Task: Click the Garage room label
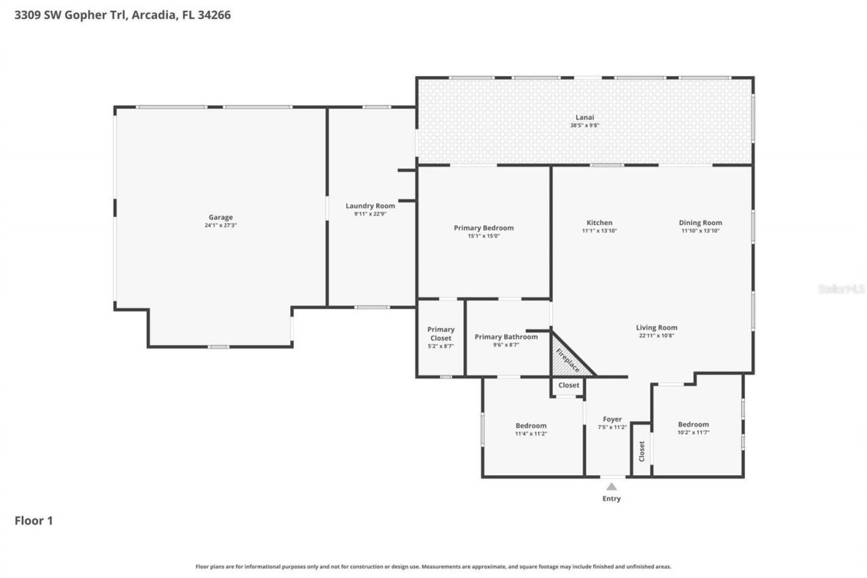(220, 218)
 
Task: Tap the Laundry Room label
(370, 206)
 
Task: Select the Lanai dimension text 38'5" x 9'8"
(584, 125)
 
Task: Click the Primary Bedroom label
(484, 228)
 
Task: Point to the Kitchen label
(599, 222)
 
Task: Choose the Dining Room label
(700, 222)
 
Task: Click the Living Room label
(656, 327)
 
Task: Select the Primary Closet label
(441, 333)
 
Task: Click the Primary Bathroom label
(506, 337)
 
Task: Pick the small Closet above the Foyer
(568, 385)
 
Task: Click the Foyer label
(612, 419)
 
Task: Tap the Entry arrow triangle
(612, 486)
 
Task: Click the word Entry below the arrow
(612, 499)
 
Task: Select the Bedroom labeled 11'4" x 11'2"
(530, 426)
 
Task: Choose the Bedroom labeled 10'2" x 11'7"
(693, 424)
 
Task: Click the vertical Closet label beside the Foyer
(641, 451)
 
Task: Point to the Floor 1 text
(34, 520)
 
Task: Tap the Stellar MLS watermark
(841, 289)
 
